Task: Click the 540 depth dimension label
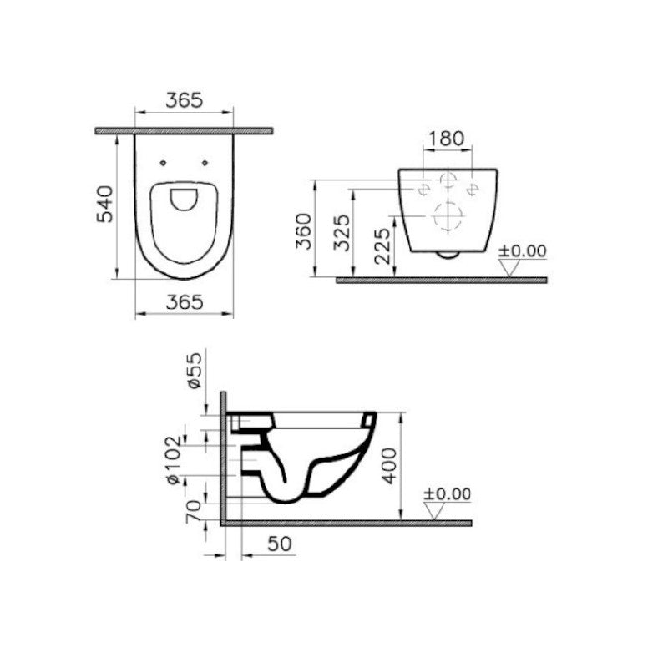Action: click(105, 204)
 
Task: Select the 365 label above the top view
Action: click(184, 100)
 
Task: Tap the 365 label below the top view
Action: click(184, 302)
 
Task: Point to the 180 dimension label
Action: click(446, 139)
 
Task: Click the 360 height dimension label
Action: click(305, 231)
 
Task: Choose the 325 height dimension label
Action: click(342, 232)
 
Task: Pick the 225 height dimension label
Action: click(382, 246)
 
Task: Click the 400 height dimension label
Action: click(388, 466)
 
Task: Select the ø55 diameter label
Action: click(194, 371)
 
